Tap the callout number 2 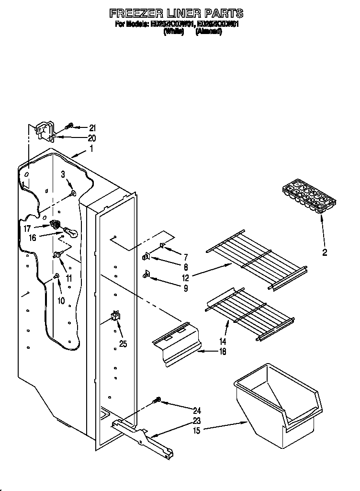coord(325,252)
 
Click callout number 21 coord(92,127)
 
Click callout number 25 coord(123,343)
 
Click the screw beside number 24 coord(156,400)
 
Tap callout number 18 coord(222,351)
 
